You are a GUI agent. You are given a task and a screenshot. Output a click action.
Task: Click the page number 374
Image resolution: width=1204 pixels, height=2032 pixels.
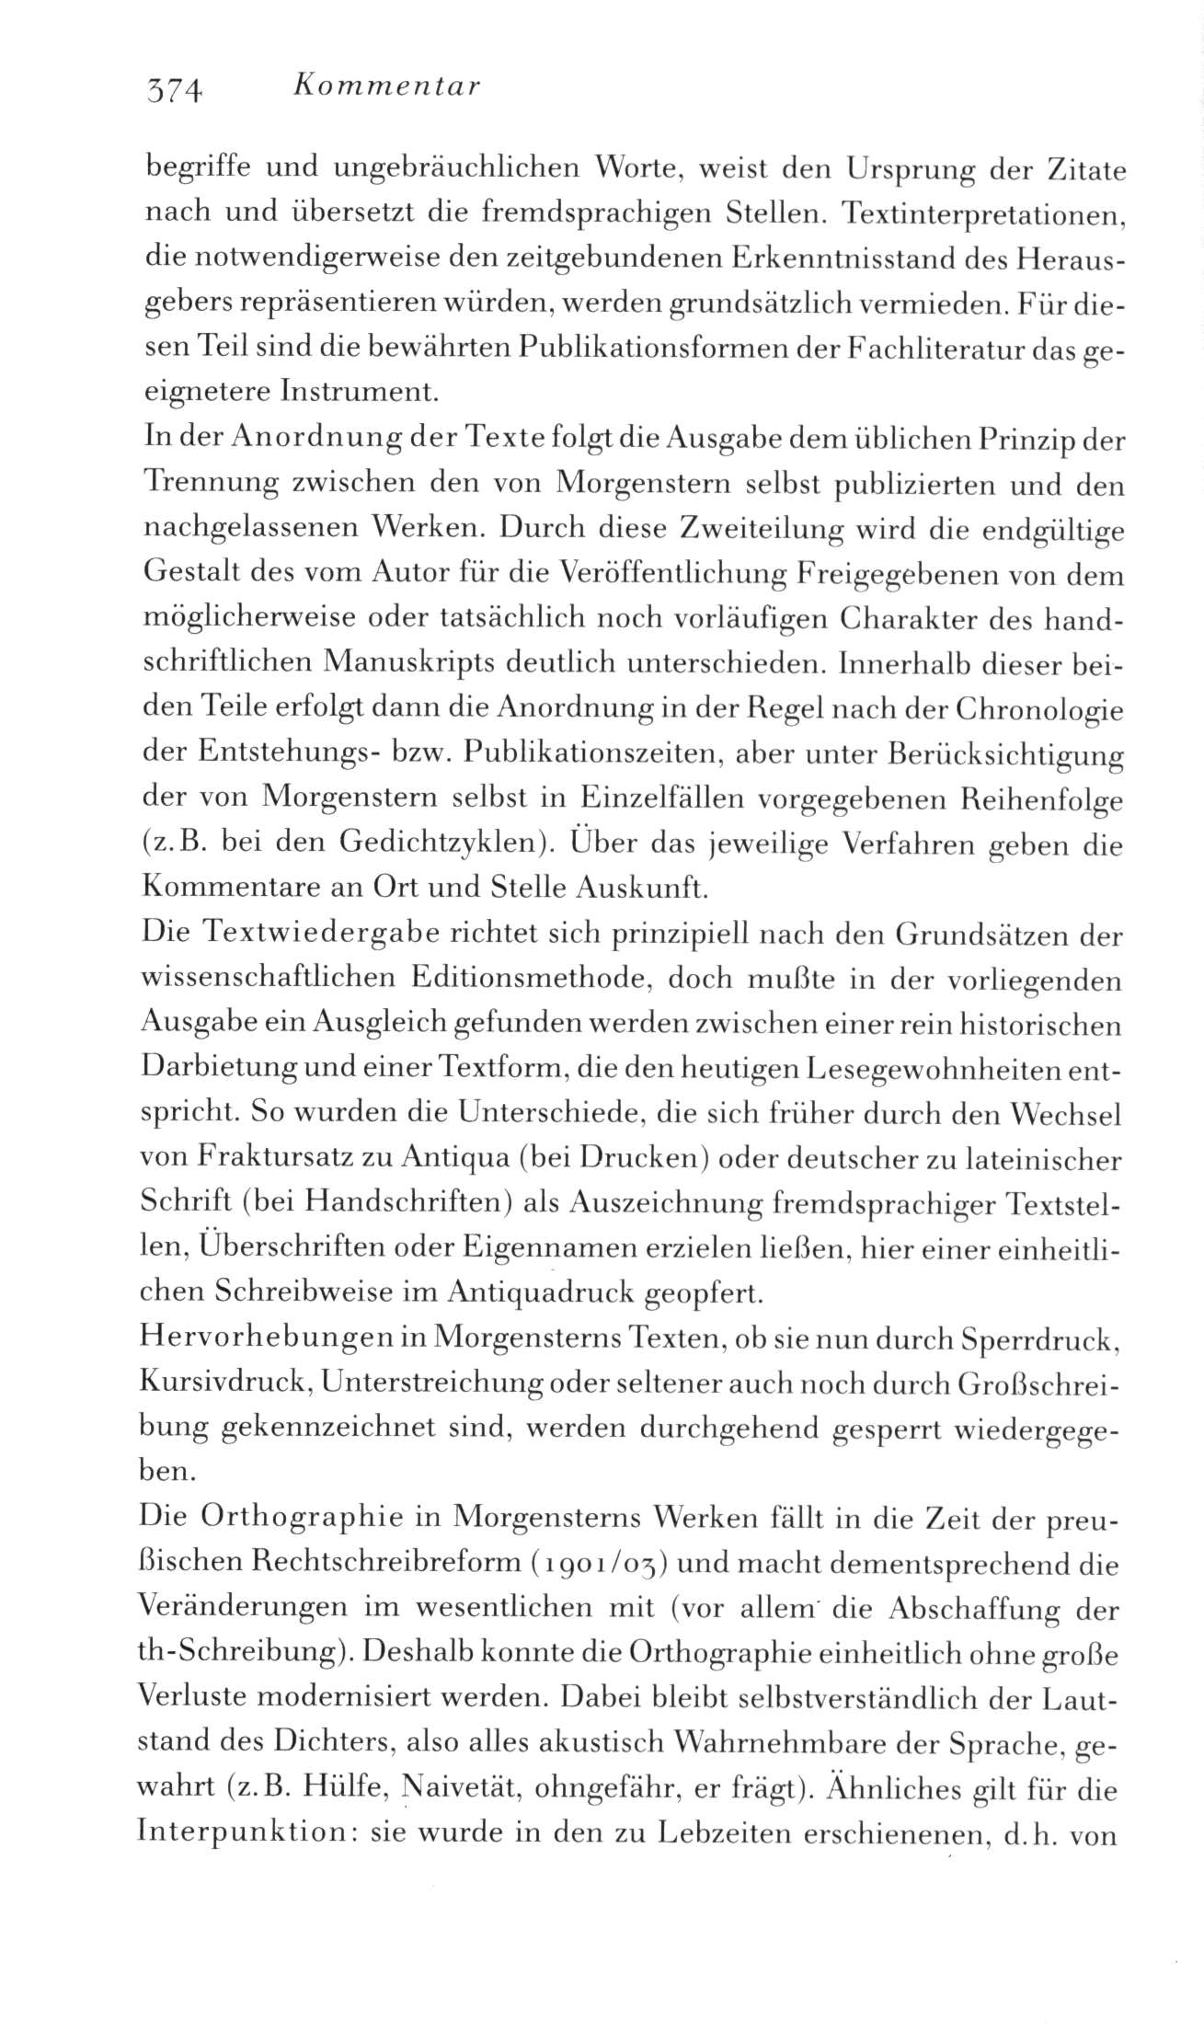tap(173, 89)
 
